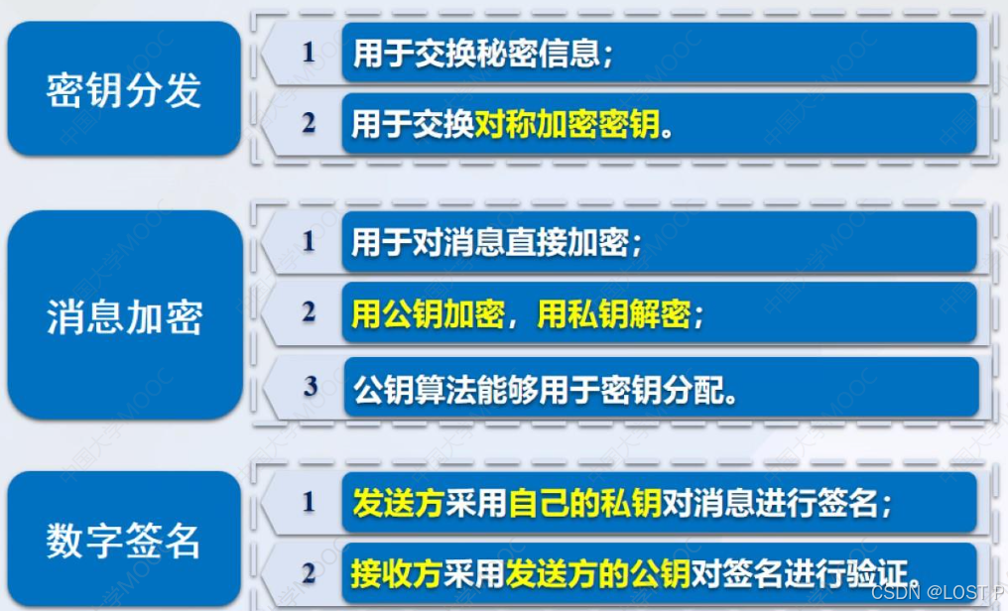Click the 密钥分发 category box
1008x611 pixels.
pos(124,89)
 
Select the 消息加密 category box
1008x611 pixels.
pos(124,315)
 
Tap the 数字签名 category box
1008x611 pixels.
pos(124,541)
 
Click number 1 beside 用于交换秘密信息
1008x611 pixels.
pos(309,53)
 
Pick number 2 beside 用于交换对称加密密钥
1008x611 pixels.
pos(309,124)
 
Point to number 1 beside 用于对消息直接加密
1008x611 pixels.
pos(309,241)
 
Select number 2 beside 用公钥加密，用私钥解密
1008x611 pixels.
pos(309,313)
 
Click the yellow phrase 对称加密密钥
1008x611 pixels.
pos(567,125)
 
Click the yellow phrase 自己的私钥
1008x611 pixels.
pos(584,504)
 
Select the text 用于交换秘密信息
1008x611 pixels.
pos(483,54)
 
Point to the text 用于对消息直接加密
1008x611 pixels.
pos(497,243)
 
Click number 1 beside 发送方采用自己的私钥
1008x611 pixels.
pos(309,502)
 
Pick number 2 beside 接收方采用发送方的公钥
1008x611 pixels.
pos(309,572)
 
